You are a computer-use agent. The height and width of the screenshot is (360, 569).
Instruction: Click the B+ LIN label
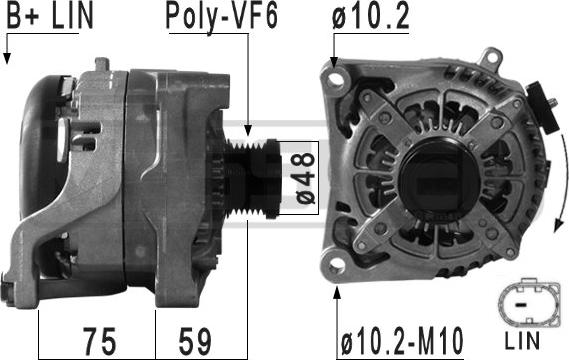pyautogui.click(x=50, y=15)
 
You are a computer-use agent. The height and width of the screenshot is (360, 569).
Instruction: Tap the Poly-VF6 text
pyautogui.click(x=222, y=17)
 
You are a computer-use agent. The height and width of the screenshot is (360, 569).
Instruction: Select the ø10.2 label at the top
pyautogui.click(x=371, y=16)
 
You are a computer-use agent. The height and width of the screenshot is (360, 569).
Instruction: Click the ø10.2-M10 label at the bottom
pyautogui.click(x=402, y=340)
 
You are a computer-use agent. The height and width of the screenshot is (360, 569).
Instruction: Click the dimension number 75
pyautogui.click(x=100, y=341)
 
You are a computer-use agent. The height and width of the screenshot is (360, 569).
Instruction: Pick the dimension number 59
pyautogui.click(x=195, y=341)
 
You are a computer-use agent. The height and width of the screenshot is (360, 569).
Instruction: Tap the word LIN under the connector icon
pyautogui.click(x=522, y=340)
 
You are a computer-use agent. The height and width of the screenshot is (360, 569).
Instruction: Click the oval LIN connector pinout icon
pyautogui.click(x=528, y=301)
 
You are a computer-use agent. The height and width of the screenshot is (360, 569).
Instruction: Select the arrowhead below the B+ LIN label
pyautogui.click(x=7, y=58)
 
